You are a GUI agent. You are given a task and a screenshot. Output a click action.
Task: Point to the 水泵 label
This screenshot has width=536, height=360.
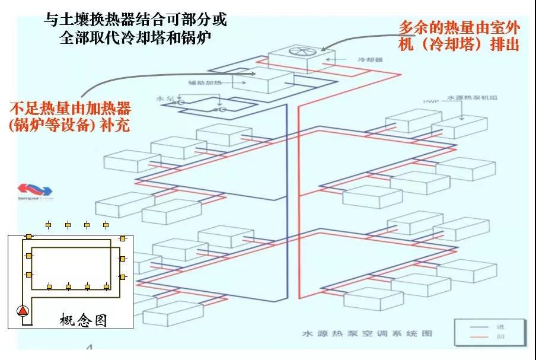[x=163, y=98]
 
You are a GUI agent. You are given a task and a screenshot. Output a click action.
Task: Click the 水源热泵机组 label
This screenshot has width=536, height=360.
[x=468, y=97]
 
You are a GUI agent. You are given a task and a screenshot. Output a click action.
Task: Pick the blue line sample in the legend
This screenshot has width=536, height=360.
[x=481, y=326]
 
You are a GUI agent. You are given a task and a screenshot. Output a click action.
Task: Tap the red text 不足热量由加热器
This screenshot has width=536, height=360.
[x=70, y=109]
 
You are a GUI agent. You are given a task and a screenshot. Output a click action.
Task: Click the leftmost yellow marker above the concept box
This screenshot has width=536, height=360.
[x=49, y=225]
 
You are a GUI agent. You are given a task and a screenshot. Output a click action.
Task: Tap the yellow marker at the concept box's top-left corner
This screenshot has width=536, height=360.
[x=28, y=237]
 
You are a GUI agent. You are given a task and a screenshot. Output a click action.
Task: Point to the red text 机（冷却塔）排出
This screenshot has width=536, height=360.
[x=459, y=44]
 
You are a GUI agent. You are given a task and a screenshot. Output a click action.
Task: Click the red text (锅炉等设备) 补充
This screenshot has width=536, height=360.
[x=70, y=126]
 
